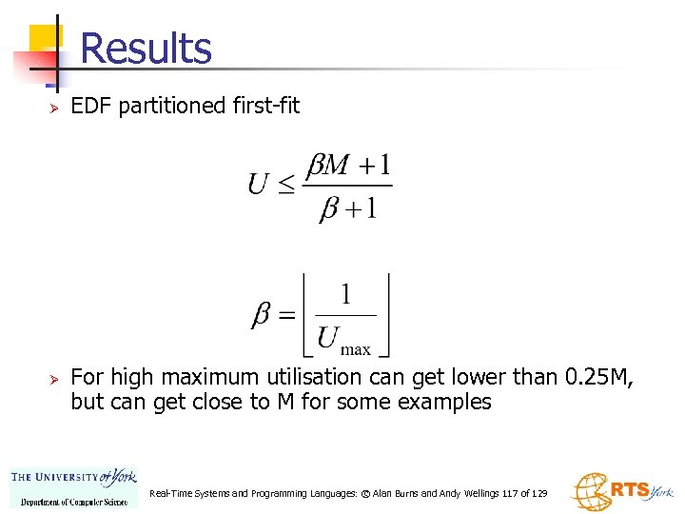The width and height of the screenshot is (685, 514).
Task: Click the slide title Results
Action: [147, 49]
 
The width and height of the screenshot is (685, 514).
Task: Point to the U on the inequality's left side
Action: [258, 183]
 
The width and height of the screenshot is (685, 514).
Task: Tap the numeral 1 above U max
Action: [344, 294]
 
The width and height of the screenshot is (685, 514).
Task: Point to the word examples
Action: [445, 403]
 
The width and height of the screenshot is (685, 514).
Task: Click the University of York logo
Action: [73, 487]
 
